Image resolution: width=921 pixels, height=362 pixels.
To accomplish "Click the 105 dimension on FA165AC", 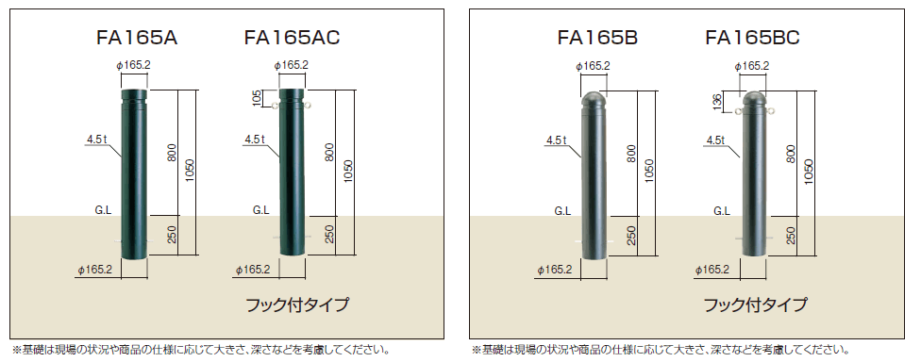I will tap(256, 98).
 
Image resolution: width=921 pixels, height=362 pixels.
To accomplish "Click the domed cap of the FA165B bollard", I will tap(594, 98).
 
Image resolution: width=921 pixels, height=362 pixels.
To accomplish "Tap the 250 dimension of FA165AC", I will tap(329, 234).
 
